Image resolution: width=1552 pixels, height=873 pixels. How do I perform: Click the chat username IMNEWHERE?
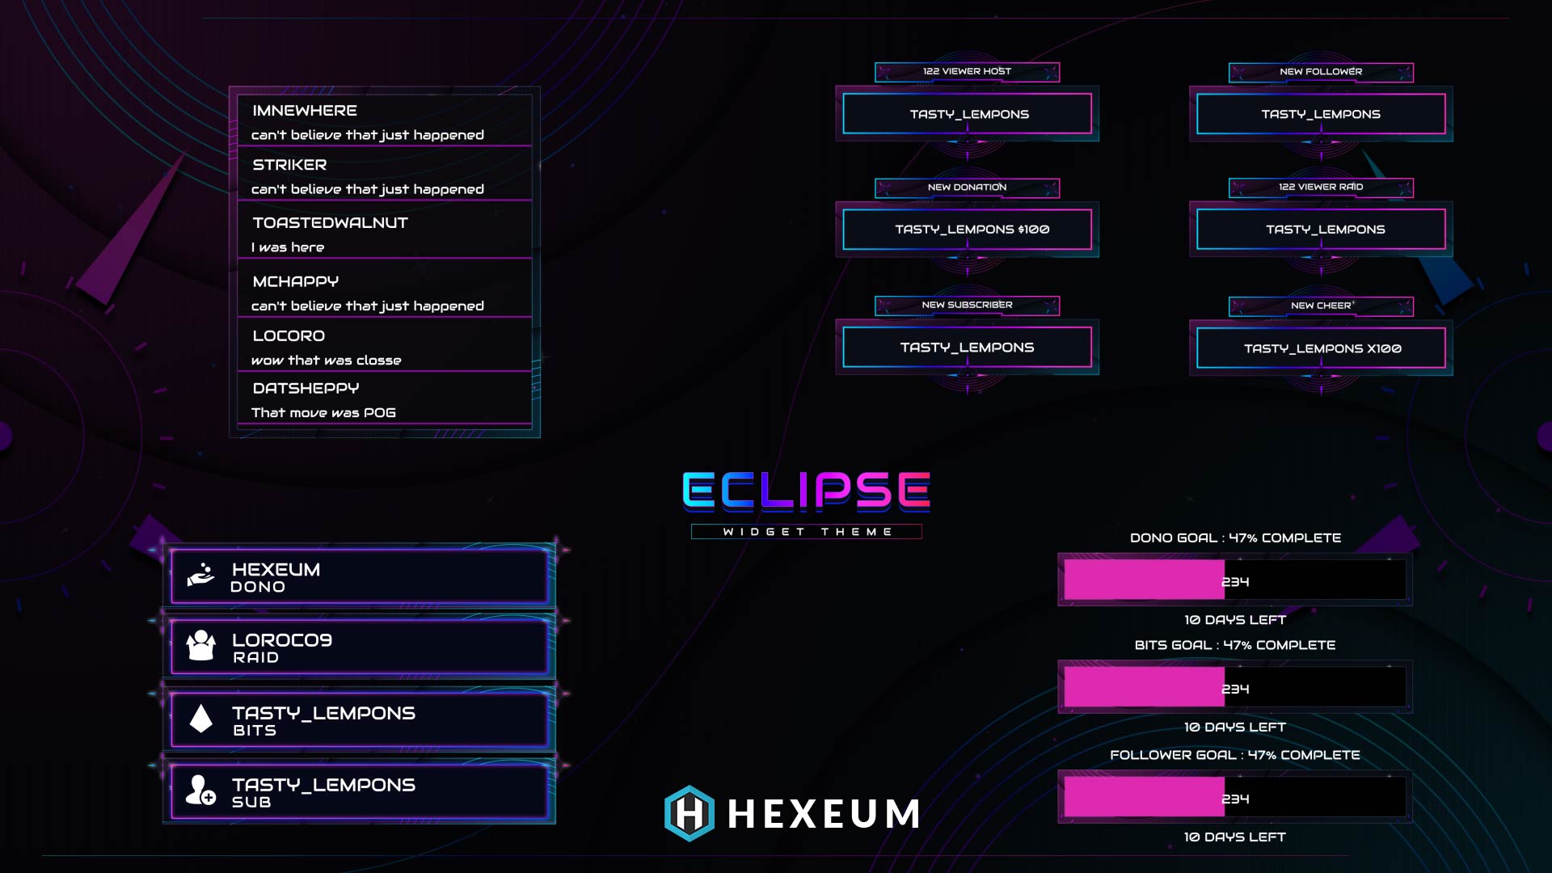[304, 111]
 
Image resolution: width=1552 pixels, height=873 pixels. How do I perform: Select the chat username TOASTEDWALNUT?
[330, 223]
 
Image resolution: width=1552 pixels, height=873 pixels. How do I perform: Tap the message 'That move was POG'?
[323, 413]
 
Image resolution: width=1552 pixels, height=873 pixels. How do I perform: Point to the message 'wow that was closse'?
[326, 361]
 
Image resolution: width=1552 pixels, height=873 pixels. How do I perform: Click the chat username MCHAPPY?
[295, 281]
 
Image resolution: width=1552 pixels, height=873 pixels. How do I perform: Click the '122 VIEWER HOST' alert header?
[967, 72]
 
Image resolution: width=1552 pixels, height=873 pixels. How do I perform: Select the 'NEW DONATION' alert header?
[967, 188]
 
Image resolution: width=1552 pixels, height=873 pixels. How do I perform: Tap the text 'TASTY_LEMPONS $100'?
[972, 230]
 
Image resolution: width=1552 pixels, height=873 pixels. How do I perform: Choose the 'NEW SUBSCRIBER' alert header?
[967, 306]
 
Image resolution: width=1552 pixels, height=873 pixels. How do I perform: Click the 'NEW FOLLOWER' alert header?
[1321, 72]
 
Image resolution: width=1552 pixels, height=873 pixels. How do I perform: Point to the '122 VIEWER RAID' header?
[1321, 188]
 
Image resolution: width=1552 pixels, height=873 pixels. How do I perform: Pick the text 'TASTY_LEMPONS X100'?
[1322, 348]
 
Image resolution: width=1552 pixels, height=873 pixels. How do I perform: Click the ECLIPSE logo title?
[806, 491]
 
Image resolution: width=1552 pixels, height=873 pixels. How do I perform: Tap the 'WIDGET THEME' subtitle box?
[806, 532]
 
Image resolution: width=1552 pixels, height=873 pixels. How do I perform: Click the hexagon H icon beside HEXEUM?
[690, 813]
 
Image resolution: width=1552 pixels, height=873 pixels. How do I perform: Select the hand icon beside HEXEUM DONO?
[200, 575]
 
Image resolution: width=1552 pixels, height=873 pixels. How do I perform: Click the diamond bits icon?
[200, 718]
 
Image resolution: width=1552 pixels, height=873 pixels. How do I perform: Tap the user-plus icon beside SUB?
[200, 790]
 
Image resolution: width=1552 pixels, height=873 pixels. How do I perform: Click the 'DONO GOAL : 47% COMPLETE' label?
[1235, 538]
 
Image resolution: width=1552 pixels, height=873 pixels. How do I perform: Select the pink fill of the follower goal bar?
[1143, 798]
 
